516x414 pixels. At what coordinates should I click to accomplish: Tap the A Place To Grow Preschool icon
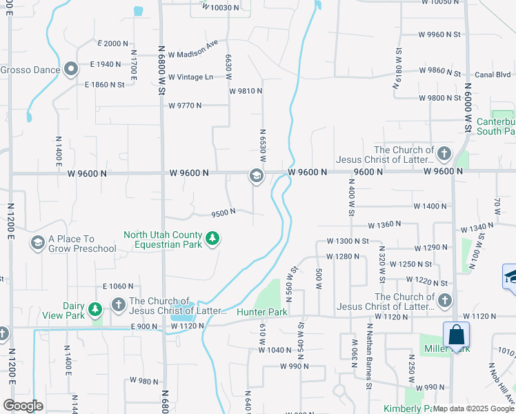click(x=37, y=243)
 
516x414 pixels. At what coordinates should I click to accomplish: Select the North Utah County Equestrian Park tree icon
click(x=214, y=239)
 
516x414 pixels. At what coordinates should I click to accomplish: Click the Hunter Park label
click(x=261, y=312)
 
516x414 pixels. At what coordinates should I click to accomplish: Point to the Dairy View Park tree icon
click(x=95, y=308)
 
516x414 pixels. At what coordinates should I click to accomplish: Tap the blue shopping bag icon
click(x=456, y=335)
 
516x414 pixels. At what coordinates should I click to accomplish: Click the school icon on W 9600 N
click(x=256, y=177)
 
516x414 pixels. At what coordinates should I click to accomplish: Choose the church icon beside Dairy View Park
click(x=118, y=304)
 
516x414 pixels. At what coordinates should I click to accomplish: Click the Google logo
click(x=23, y=406)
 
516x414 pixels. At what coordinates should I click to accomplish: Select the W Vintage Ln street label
click(x=190, y=77)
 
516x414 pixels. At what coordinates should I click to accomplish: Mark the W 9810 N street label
click(x=246, y=91)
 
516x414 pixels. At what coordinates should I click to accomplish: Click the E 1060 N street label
click(x=117, y=286)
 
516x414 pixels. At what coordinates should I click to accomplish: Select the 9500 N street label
click(x=224, y=213)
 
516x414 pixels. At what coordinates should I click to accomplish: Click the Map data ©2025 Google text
click(x=473, y=408)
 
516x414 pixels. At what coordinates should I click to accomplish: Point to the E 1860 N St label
click(x=104, y=85)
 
